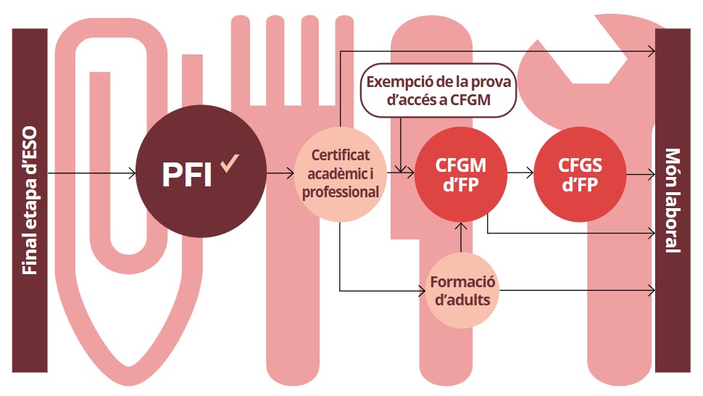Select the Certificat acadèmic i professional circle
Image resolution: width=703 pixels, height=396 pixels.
(x=340, y=174)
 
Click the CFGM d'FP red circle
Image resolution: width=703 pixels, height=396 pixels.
(x=461, y=174)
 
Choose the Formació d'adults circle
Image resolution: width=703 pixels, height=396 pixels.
(x=462, y=289)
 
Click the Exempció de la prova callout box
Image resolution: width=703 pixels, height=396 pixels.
(x=438, y=91)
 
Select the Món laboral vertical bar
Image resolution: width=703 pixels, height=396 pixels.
(x=673, y=199)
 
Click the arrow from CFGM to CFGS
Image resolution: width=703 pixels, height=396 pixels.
(x=520, y=174)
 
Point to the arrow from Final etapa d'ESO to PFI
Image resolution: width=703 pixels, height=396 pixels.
(x=91, y=174)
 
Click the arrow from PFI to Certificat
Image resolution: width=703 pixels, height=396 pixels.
(x=278, y=174)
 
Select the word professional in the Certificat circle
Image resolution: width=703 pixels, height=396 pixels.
(x=340, y=192)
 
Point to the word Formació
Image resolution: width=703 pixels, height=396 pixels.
(x=462, y=281)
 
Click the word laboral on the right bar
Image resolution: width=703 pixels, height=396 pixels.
(x=673, y=220)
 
